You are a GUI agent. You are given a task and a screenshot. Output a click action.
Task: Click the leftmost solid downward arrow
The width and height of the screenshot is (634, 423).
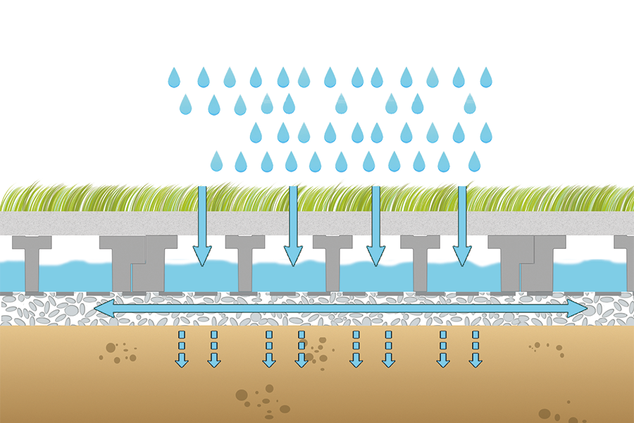point(202,226)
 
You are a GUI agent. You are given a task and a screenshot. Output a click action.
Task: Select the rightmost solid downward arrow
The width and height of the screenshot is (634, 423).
point(462,226)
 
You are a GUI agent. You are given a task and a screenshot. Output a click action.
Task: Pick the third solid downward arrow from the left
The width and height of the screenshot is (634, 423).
point(376,226)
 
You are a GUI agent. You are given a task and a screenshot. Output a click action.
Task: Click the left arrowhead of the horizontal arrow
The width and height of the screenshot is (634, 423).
point(103,308)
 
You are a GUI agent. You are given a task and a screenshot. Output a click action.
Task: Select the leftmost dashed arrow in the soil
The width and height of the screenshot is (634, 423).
point(182,349)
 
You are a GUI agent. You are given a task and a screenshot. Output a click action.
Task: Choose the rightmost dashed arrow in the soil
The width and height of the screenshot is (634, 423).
point(475,349)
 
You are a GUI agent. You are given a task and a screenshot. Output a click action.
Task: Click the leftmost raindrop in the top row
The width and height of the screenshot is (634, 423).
point(174,78)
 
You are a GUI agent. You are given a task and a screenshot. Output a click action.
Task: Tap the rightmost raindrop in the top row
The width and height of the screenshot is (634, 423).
point(486,78)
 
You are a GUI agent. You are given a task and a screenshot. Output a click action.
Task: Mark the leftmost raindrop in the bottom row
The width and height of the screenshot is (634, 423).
point(216,162)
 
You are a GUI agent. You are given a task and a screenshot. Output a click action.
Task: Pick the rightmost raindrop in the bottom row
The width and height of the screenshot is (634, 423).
point(474,162)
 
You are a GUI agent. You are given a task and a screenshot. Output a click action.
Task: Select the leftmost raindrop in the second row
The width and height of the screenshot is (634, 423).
point(186,105)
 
